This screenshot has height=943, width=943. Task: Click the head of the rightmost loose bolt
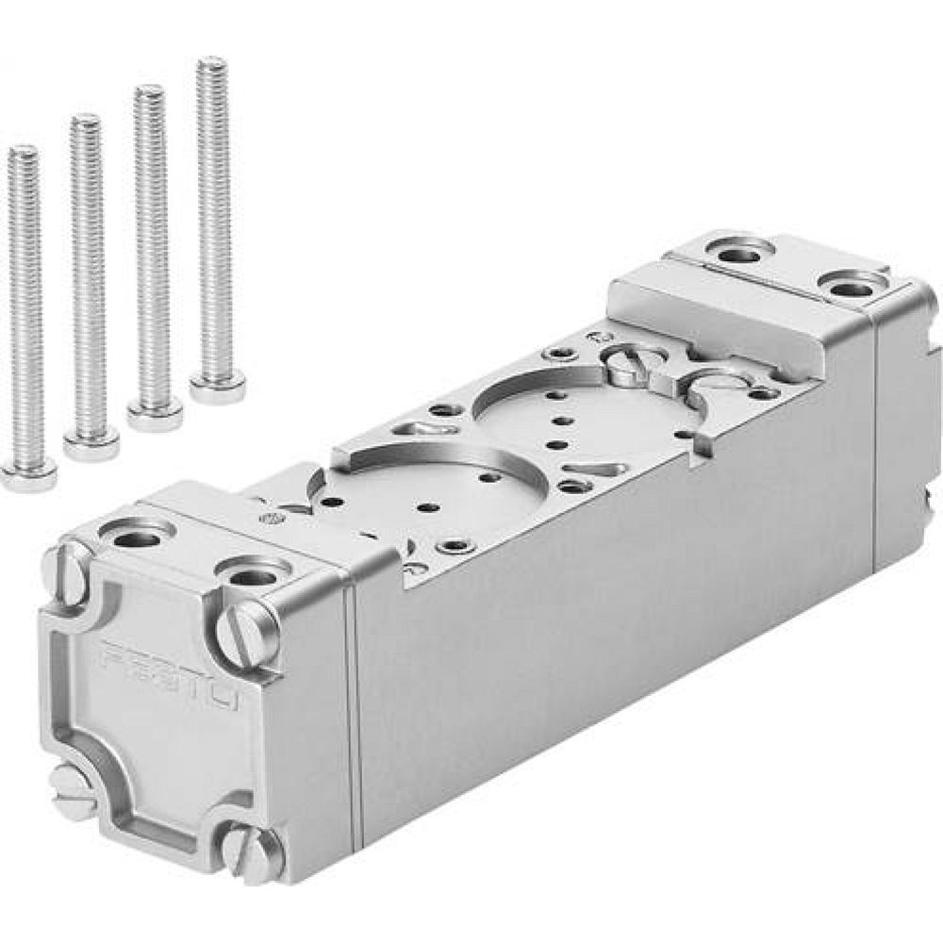[x=218, y=386]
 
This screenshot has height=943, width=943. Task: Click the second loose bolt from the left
[x=89, y=283]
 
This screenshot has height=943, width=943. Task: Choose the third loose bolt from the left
[x=151, y=255]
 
